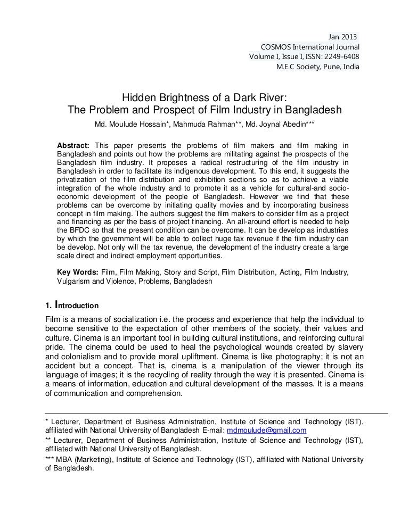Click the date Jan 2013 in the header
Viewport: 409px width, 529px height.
(342, 36)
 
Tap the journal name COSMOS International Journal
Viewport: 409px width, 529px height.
(310, 47)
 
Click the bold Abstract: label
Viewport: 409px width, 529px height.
(74, 146)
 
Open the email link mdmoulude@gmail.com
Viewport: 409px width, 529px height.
(267, 430)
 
